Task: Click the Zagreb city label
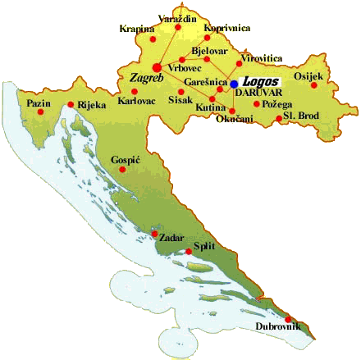tap(146, 79)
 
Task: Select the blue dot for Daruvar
tap(234, 84)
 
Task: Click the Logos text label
tap(259, 83)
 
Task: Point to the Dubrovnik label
tap(278, 328)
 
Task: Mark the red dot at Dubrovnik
tap(288, 320)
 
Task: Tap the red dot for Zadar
tap(154, 233)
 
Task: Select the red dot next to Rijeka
tap(71, 104)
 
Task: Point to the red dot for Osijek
tap(313, 84)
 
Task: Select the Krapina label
tap(136, 28)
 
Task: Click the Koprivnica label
tap(227, 28)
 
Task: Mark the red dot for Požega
tap(257, 104)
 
